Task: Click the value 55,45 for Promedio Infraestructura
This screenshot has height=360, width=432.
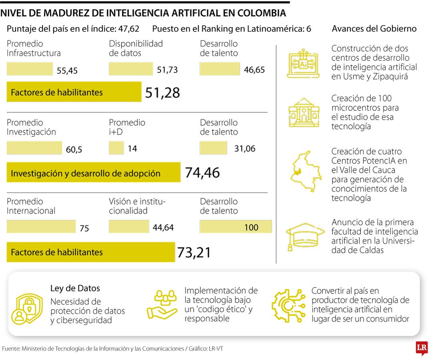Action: [67, 71]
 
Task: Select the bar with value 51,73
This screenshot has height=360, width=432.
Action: [131, 69]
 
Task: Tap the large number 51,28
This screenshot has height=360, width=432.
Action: [162, 92]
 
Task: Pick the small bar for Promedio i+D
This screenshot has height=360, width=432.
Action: [116, 148]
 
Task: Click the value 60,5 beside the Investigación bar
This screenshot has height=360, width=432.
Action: [74, 150]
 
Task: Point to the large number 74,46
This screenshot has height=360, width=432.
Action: [202, 172]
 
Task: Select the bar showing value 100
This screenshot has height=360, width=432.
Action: [236, 227]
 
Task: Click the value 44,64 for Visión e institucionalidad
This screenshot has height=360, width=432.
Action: [163, 228]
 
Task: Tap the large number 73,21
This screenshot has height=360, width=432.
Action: [194, 252]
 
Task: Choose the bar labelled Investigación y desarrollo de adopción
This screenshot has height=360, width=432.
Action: [93, 172]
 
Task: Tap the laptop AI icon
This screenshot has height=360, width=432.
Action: [303, 63]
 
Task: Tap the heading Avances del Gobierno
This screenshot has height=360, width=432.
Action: [374, 29]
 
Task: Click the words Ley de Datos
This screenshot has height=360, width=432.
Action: [75, 288]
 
